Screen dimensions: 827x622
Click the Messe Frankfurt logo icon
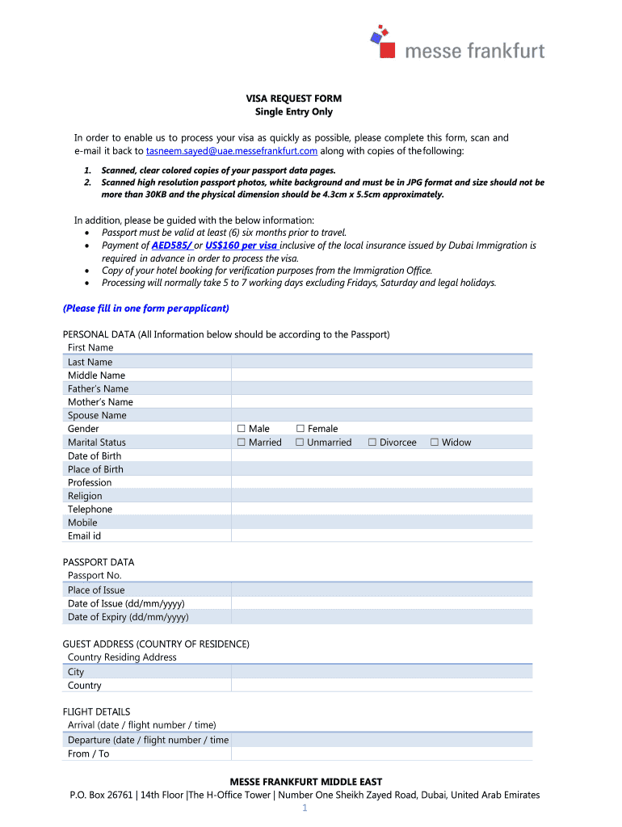click(x=381, y=40)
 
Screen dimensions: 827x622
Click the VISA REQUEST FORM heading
click(x=294, y=99)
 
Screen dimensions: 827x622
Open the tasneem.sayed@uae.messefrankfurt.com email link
click(x=232, y=151)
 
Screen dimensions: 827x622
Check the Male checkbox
click(x=242, y=429)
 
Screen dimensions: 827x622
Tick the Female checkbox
click(x=300, y=429)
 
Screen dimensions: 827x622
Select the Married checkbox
click(x=242, y=443)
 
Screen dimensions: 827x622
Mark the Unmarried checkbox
click(x=300, y=443)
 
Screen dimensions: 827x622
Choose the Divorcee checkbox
click(x=372, y=443)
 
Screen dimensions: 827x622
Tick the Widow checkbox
click(x=435, y=443)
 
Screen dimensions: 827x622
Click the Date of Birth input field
click(x=381, y=455)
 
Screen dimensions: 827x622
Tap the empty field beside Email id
click(x=381, y=535)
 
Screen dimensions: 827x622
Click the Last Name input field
click(x=381, y=362)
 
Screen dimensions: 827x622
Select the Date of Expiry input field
click(x=381, y=617)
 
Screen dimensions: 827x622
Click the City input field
click(x=381, y=672)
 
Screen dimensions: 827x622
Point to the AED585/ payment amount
click(x=171, y=246)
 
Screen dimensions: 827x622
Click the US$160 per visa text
click(x=241, y=246)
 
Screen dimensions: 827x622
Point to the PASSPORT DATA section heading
click(x=99, y=562)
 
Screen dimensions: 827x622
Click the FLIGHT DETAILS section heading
click(x=96, y=712)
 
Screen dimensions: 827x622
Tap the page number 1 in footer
click(x=305, y=808)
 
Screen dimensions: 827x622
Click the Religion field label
click(x=85, y=496)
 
